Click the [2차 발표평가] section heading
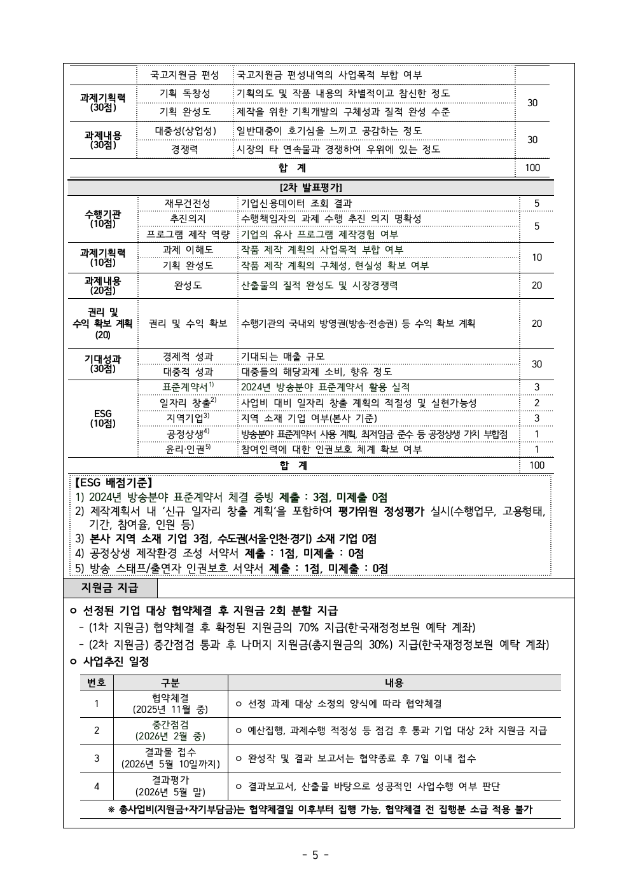point(310,188)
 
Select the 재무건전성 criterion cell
point(188,203)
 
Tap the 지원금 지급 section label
point(109,587)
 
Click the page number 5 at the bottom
point(315,854)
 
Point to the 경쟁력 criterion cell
point(184,149)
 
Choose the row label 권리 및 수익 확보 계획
point(102,323)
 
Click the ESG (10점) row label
point(102,418)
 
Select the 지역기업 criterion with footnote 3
point(188,418)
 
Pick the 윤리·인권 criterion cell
point(188,449)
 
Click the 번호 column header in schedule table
point(97,683)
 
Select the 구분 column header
point(170,683)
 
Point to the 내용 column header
point(394,683)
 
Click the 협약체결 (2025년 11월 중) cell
point(170,704)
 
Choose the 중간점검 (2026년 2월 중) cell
point(170,731)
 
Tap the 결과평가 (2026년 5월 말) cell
point(170,786)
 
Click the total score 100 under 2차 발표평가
point(536,465)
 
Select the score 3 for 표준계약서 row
point(536,387)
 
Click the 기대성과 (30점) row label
point(102,364)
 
